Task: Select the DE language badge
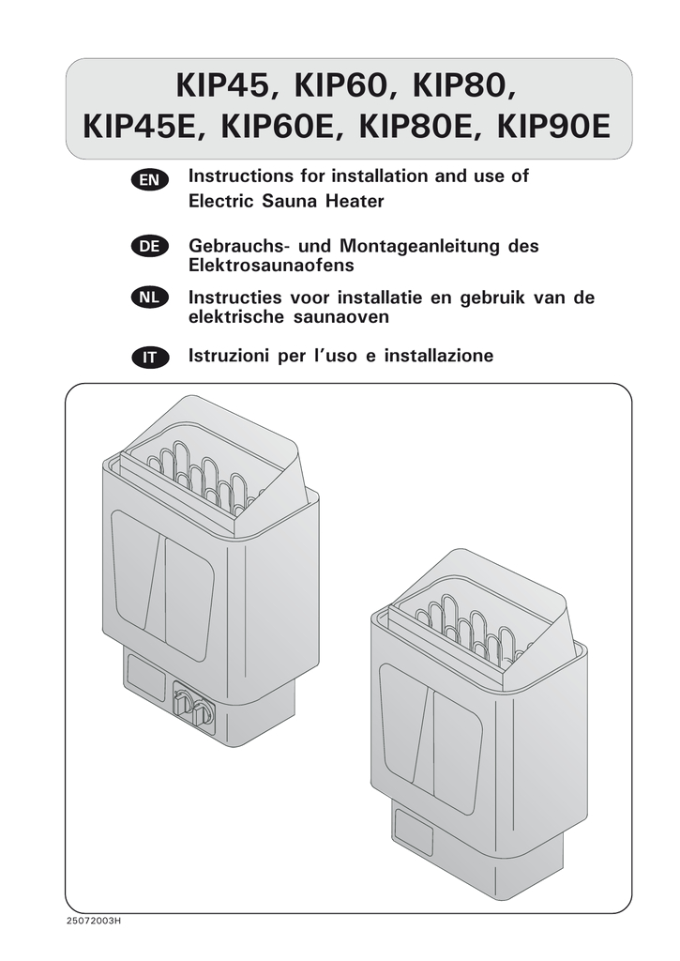[x=149, y=246]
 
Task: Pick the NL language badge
[x=149, y=297]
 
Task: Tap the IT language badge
[x=149, y=357]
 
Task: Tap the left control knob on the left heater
[x=183, y=700]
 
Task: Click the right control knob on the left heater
[x=203, y=714]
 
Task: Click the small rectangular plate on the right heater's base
[x=414, y=831]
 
